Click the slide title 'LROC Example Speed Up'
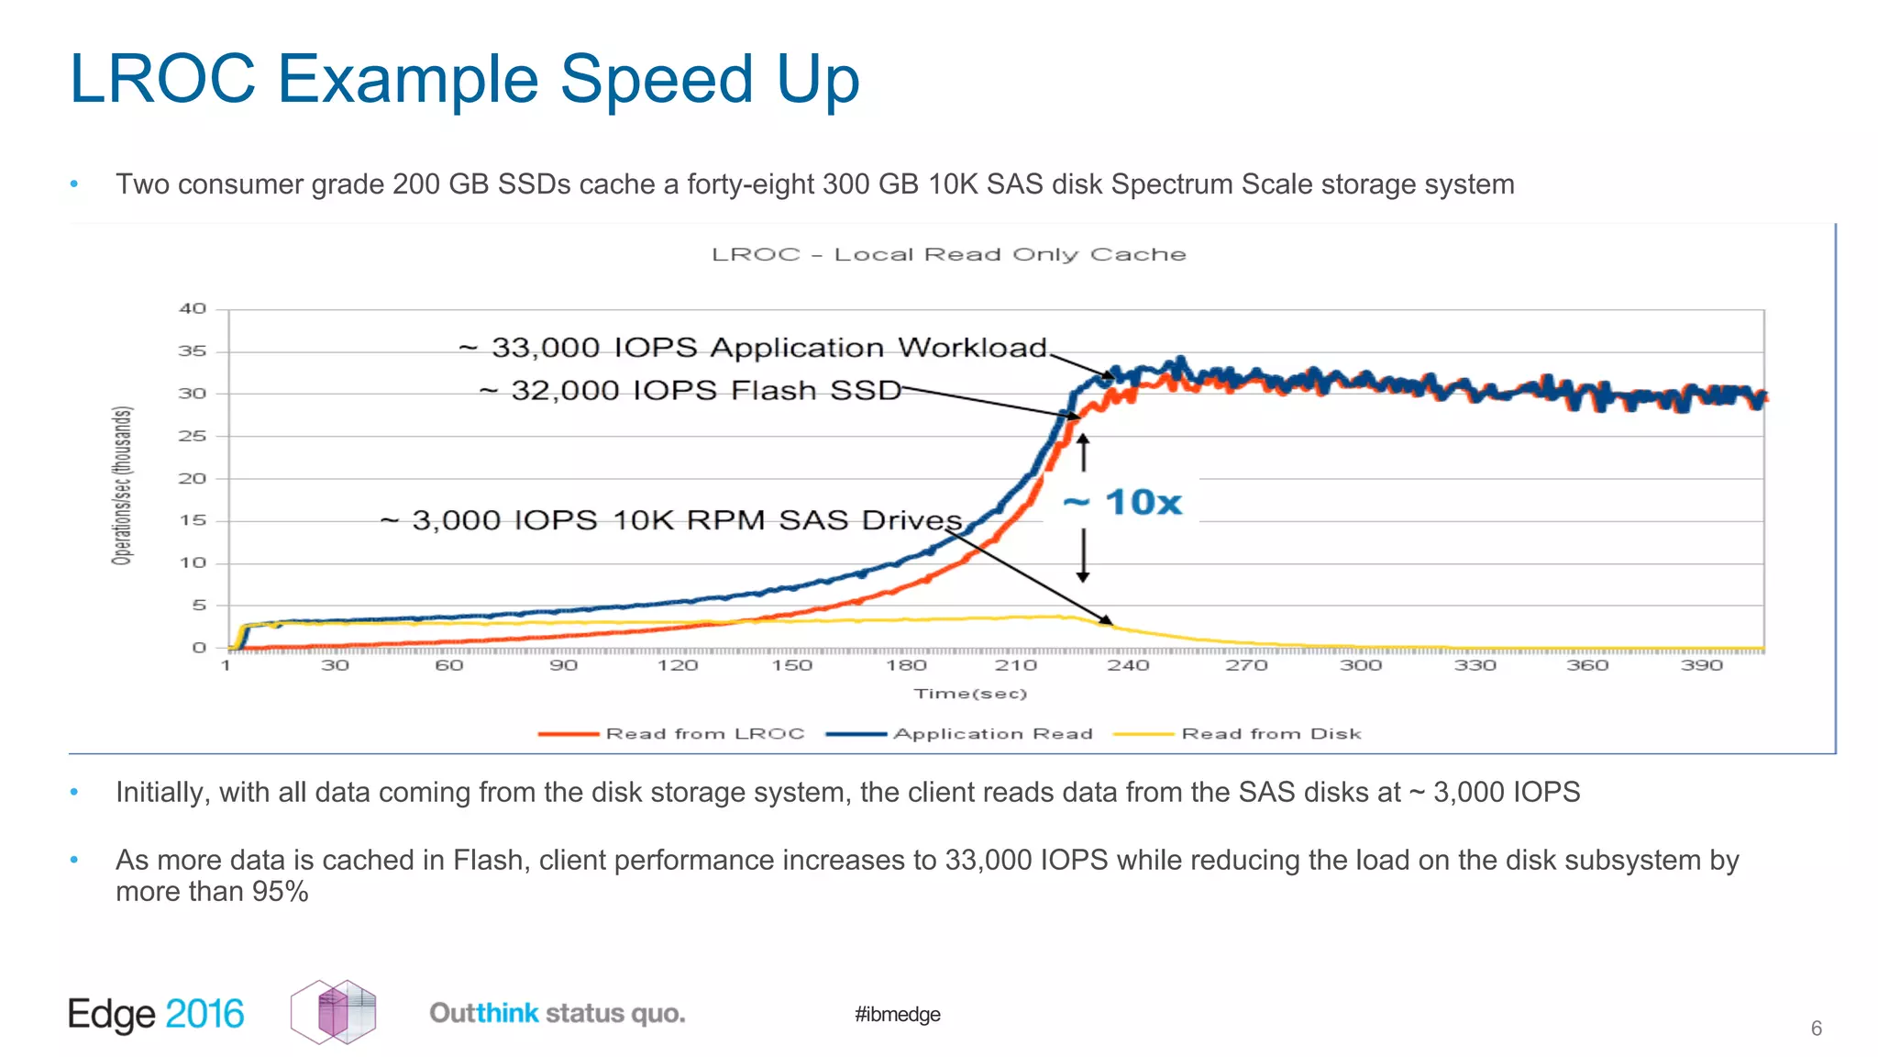point(464,80)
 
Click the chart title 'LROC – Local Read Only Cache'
point(948,254)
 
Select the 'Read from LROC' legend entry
point(704,734)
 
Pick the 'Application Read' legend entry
point(992,734)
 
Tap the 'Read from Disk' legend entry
point(1270,734)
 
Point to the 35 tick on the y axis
point(193,351)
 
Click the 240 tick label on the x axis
point(1128,665)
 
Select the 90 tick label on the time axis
point(563,665)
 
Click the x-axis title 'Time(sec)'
point(970,694)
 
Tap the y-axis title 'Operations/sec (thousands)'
point(122,485)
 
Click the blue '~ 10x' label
point(1122,503)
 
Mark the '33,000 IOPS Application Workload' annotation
point(752,348)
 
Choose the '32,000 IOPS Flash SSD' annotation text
point(690,391)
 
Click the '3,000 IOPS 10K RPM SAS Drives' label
point(671,520)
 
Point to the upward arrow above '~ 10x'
point(1083,452)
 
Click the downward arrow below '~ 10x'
point(1083,556)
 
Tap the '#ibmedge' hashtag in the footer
point(897,1014)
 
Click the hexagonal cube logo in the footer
point(334,1012)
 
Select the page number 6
point(1816,1029)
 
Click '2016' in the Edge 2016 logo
point(204,1014)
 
